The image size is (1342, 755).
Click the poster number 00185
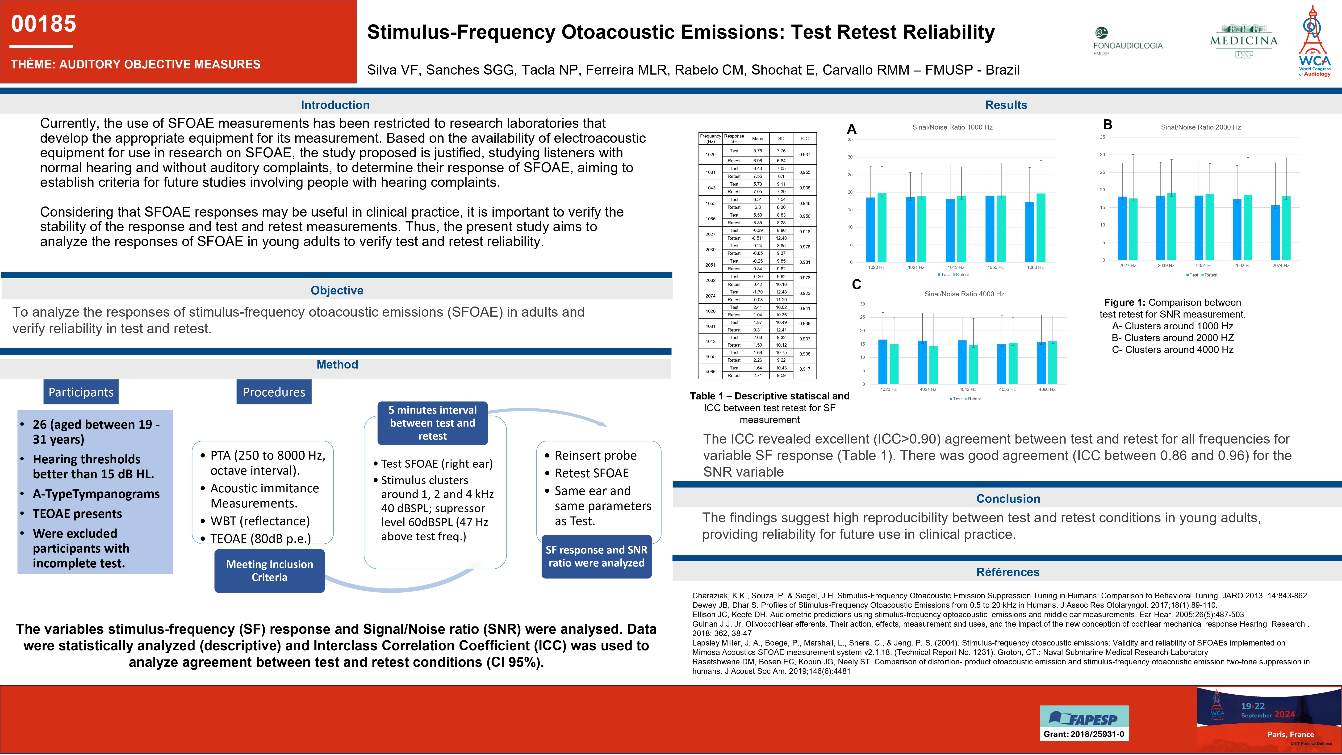pyautogui.click(x=44, y=24)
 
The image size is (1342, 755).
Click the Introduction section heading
pyautogui.click(x=335, y=105)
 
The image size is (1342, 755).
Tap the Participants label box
pyautogui.click(x=81, y=392)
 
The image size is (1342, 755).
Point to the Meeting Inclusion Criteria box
pyautogui.click(x=269, y=570)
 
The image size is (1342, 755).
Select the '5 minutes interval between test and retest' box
pyautogui.click(x=432, y=423)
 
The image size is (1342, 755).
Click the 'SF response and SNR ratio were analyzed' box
pyautogui.click(x=597, y=557)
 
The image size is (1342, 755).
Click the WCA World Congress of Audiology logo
pyautogui.click(x=1314, y=42)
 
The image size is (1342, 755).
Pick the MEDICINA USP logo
pyautogui.click(x=1244, y=41)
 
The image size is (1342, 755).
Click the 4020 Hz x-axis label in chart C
pyautogui.click(x=888, y=389)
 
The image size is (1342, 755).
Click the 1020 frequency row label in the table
pyautogui.click(x=710, y=155)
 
